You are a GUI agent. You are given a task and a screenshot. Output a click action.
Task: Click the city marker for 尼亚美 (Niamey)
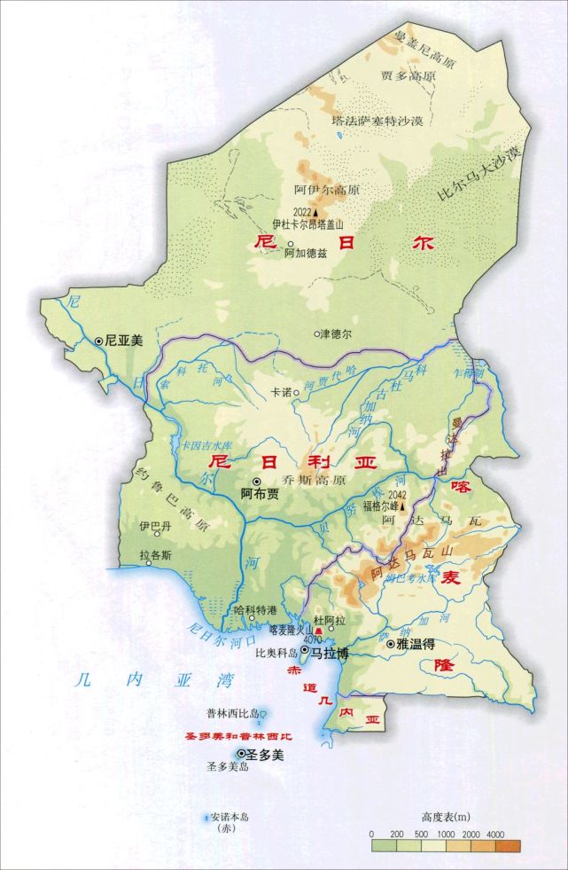coord(98,341)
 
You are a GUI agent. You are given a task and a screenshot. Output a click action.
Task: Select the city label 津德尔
coord(336,334)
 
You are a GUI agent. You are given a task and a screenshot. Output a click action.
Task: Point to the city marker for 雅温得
coord(391,646)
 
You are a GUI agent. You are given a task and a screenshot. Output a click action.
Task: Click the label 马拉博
coord(330,651)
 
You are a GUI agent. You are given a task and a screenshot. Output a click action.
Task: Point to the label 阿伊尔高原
coord(315,189)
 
